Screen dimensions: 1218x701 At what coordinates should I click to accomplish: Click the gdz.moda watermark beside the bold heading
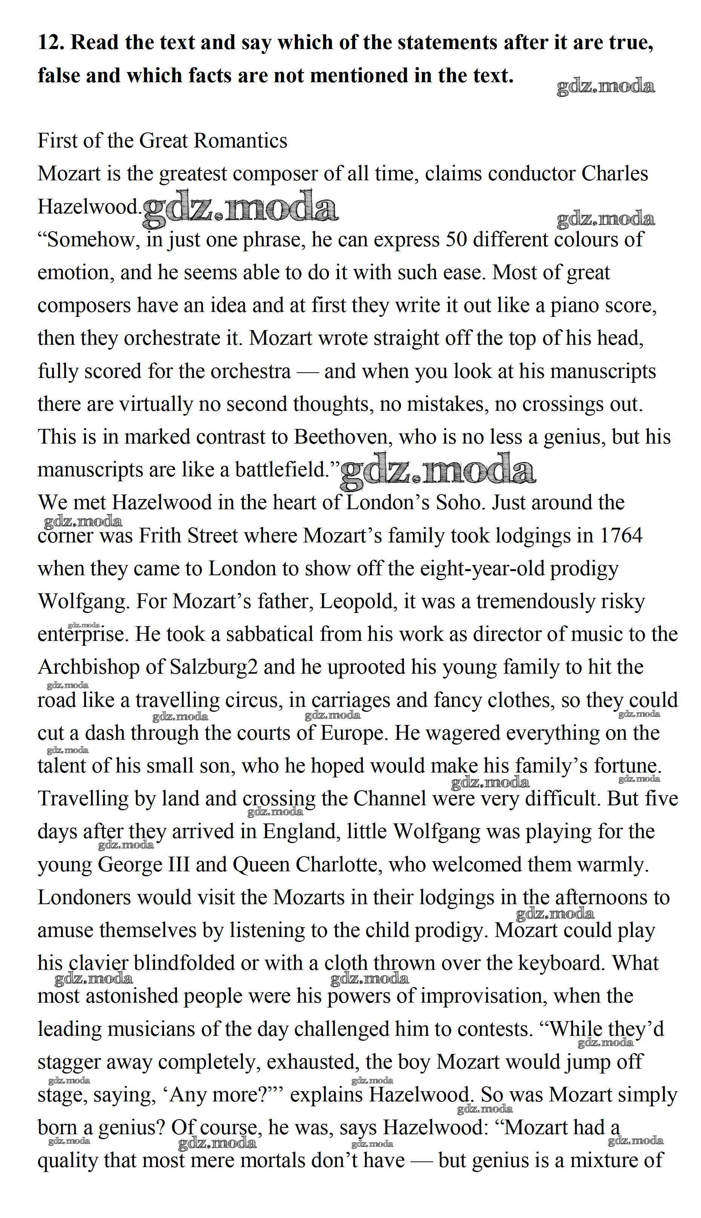[606, 87]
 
